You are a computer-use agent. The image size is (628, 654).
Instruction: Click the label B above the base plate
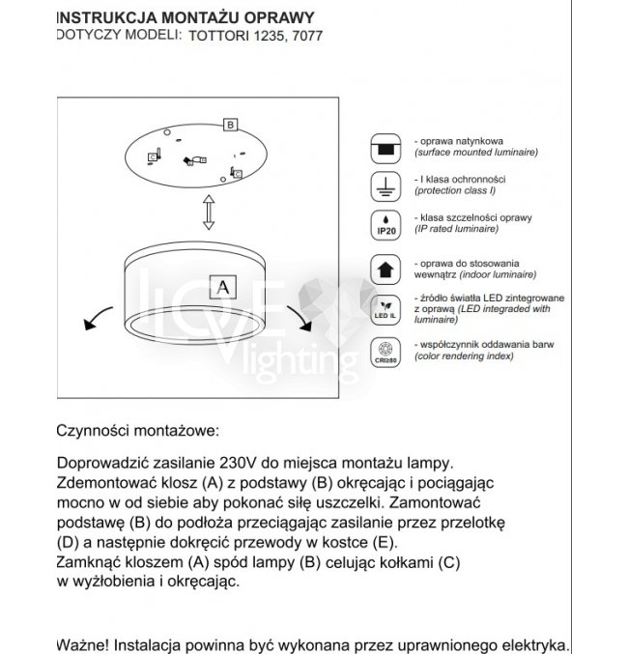click(x=230, y=125)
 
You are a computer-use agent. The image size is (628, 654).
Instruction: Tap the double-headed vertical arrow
click(x=207, y=213)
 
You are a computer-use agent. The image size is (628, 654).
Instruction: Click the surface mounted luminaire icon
click(x=385, y=148)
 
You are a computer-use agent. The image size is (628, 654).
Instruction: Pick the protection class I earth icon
click(x=385, y=186)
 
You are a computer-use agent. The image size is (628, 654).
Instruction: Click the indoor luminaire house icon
click(x=385, y=268)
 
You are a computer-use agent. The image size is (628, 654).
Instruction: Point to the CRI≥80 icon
click(x=385, y=352)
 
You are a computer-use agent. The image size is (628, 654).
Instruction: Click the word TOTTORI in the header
click(x=217, y=36)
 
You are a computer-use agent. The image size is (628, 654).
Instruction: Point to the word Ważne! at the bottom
click(x=84, y=642)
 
